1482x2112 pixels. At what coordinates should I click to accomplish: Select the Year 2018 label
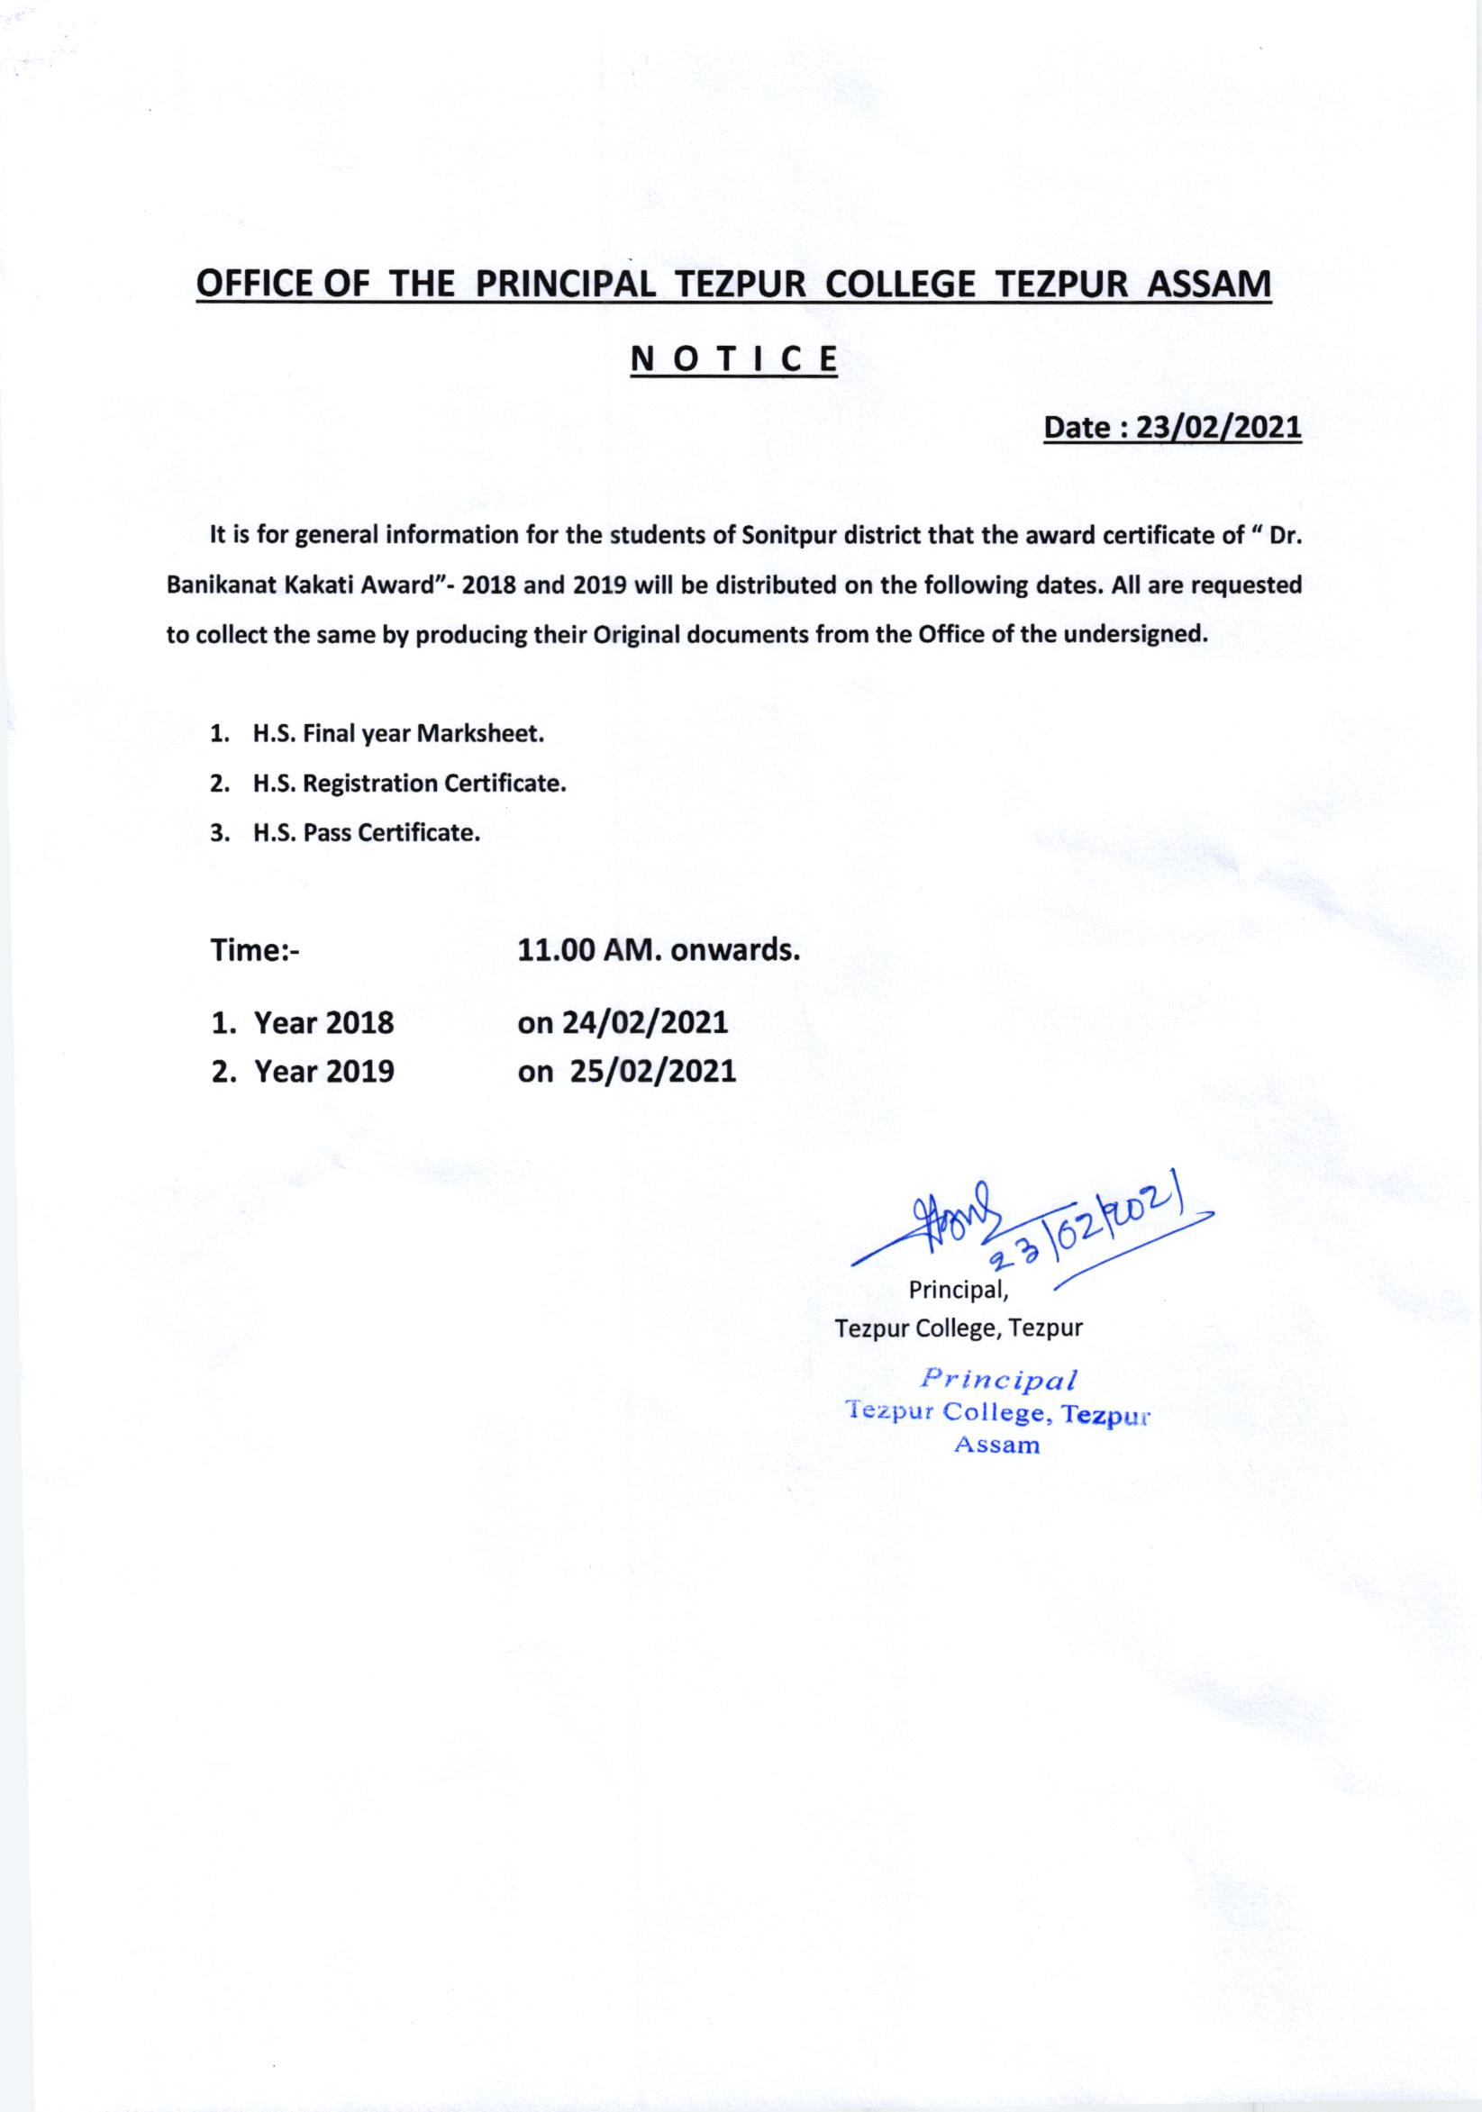323,1022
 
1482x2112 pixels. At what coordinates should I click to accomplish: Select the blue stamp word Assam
997,1446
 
